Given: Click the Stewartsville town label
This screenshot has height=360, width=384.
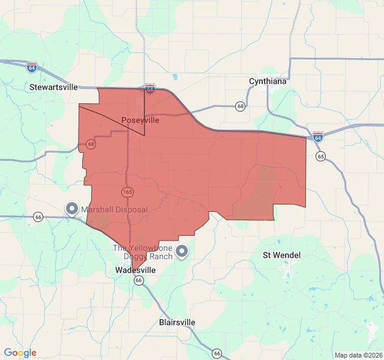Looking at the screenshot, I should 54,87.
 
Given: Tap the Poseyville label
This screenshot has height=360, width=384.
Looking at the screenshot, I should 140,120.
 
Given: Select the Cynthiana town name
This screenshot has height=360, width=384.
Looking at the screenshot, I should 268,81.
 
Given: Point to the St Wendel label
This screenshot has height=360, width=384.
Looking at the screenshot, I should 282,255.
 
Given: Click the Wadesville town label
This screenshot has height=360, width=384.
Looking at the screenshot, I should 135,271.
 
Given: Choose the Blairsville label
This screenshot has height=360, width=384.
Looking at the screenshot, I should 177,322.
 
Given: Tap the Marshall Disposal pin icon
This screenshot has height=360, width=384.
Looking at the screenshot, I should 72,209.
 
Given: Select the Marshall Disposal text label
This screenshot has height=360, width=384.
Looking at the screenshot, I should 114,210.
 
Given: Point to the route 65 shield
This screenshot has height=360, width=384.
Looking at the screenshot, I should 321,157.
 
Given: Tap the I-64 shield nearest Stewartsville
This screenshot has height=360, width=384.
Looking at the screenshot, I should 32,67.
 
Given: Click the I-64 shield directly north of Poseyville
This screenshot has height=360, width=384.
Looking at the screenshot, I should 150,89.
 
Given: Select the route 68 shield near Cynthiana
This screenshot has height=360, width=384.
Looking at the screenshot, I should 241,106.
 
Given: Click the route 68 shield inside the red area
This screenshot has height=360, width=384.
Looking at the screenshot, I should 91,144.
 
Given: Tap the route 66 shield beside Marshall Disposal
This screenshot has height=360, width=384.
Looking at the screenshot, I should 38,217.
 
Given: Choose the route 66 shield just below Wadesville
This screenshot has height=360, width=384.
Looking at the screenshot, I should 139,280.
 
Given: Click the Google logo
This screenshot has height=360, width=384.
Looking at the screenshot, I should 20,353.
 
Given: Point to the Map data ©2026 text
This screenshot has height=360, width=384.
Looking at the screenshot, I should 357,355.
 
